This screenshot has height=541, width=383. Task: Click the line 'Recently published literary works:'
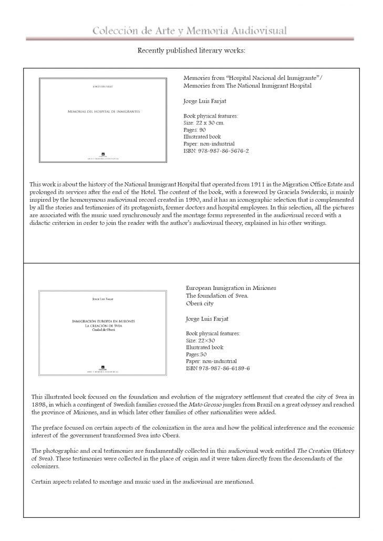[x=191, y=51]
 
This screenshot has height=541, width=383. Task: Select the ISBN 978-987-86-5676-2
[x=216, y=151]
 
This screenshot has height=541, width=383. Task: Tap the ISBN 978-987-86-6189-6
[x=218, y=368]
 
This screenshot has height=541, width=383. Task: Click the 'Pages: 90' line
[x=195, y=129]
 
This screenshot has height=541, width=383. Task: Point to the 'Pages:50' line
[x=197, y=354]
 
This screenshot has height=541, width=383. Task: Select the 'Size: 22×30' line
[x=200, y=340]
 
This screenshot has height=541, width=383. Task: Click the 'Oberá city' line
[x=200, y=304]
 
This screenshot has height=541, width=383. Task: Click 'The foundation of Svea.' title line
[x=213, y=296]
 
